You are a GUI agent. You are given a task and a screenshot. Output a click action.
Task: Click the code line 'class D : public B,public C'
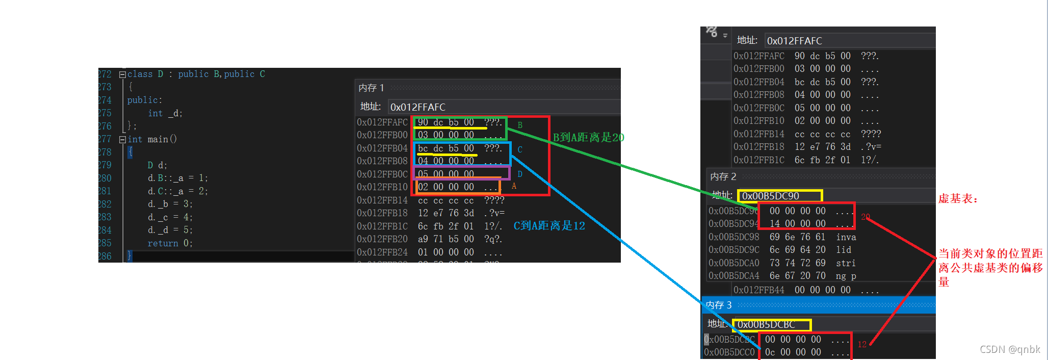click(196, 74)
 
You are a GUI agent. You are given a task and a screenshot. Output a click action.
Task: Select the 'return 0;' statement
click(170, 244)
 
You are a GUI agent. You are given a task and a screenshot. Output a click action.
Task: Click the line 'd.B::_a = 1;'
click(177, 178)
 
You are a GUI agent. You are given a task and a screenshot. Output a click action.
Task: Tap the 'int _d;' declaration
click(165, 113)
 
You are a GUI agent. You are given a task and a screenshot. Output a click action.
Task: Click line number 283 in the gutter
click(104, 217)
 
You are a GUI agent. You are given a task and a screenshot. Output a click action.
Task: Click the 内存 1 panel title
click(371, 88)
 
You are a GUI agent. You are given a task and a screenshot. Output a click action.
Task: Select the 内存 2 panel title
click(723, 177)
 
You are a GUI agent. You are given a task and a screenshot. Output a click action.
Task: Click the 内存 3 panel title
click(719, 305)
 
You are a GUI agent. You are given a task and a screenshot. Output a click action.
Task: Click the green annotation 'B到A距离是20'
click(588, 138)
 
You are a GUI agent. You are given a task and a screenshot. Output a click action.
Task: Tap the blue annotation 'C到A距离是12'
click(549, 226)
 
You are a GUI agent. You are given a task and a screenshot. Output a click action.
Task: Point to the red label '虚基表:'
click(958, 199)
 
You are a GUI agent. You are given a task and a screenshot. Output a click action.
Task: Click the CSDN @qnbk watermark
click(1009, 350)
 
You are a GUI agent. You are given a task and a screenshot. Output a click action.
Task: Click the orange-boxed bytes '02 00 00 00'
click(446, 187)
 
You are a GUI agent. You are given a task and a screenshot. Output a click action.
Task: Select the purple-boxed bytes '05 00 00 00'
click(446, 174)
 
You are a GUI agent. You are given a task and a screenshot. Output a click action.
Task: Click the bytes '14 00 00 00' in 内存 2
click(797, 224)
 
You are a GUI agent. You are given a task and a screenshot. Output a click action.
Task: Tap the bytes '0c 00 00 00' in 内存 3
click(793, 352)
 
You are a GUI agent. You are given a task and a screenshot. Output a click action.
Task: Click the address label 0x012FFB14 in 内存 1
click(382, 200)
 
